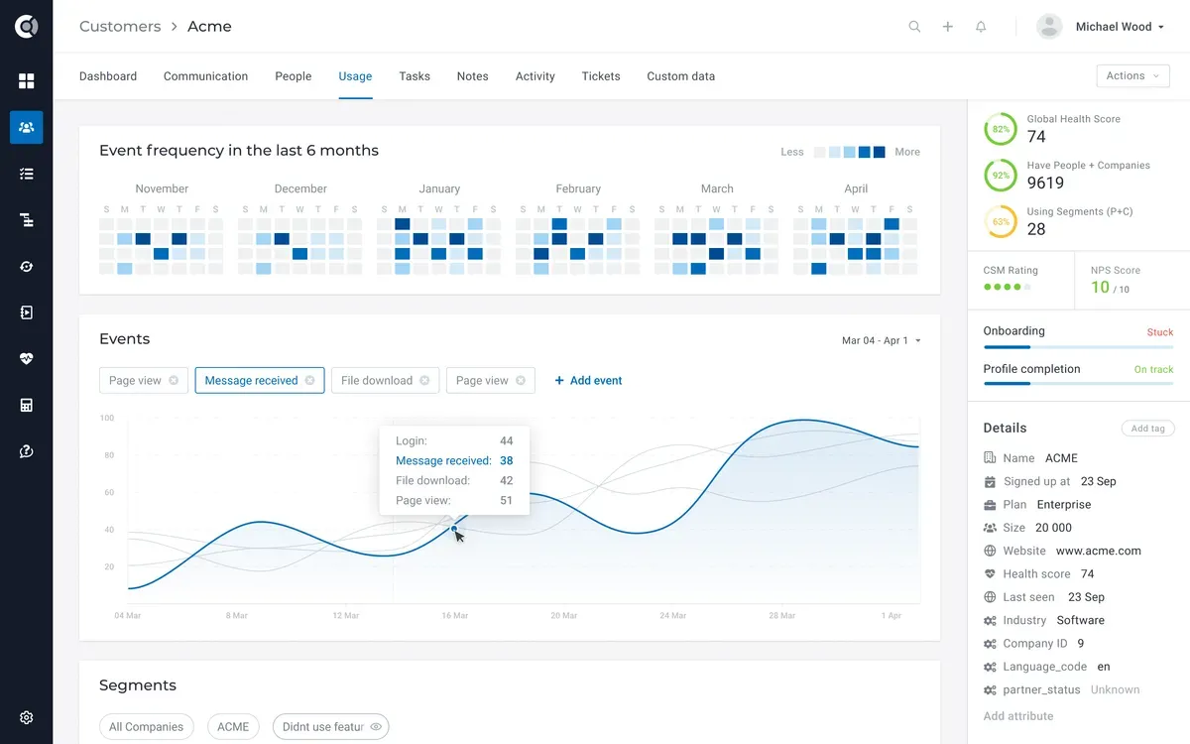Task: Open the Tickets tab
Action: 600,76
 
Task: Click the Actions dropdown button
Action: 1132,76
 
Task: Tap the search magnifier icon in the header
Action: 914,27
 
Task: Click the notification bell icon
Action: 981,27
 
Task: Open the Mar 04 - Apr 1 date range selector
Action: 881,341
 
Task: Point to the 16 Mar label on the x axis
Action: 454,616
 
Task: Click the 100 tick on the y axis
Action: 107,419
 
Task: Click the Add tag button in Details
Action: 1147,429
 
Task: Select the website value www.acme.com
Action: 1098,551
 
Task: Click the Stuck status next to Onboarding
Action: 1159,332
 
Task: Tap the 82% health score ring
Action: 1000,129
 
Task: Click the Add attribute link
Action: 1017,716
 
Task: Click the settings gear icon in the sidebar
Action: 27,717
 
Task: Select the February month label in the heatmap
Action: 578,188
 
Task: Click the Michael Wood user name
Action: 1113,27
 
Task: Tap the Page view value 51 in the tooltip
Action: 506,501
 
